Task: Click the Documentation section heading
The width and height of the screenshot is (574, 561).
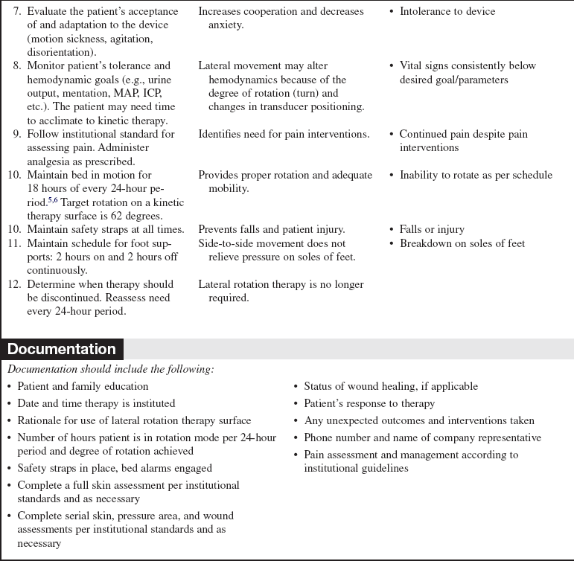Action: coord(62,349)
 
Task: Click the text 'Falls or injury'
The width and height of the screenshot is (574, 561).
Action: coord(432,229)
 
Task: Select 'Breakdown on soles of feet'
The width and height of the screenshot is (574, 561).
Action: coord(462,243)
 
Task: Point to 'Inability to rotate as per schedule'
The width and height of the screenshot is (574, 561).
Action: coord(476,175)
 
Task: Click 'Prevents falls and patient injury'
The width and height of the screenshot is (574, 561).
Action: coord(271,229)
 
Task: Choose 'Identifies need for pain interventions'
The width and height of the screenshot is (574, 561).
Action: coord(284,134)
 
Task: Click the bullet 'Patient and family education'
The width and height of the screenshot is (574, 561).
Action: coord(83,386)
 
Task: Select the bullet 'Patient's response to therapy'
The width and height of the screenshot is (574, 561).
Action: coord(369,403)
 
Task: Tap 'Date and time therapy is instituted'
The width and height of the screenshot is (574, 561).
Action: coord(96,403)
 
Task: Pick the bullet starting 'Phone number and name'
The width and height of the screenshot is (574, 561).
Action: coord(422,437)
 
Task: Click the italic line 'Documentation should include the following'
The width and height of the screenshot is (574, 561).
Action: coord(110,369)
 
